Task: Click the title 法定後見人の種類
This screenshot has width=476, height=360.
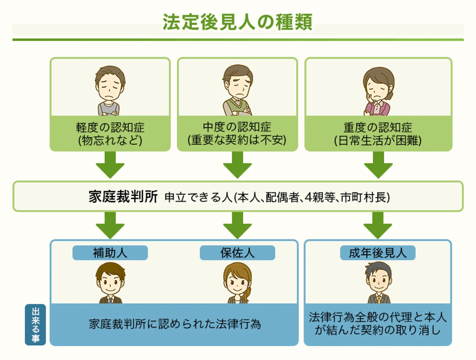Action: point(237,22)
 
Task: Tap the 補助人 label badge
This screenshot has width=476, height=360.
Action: point(110,253)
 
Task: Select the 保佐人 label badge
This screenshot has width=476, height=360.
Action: point(237,253)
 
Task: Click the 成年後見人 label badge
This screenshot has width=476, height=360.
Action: point(377,253)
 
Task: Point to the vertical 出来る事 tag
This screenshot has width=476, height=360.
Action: point(35,325)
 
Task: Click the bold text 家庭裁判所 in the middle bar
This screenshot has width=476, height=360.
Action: point(123,197)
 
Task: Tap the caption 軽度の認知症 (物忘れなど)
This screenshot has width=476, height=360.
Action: point(110,134)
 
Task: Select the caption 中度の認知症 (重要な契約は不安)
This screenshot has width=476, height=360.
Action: point(237,134)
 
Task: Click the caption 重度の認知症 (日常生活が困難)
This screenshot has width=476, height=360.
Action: point(378,134)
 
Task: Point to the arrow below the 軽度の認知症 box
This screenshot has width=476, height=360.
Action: point(110,164)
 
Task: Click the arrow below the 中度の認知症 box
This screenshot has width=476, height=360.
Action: point(237,164)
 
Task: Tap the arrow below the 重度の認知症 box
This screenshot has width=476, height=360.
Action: point(378,164)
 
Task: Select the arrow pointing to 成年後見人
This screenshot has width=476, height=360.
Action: point(377,225)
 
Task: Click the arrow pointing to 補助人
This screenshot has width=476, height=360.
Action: point(110,225)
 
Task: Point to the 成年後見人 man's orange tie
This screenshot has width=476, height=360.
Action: point(378,299)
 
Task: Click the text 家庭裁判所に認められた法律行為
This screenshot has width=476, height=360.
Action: point(175,324)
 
